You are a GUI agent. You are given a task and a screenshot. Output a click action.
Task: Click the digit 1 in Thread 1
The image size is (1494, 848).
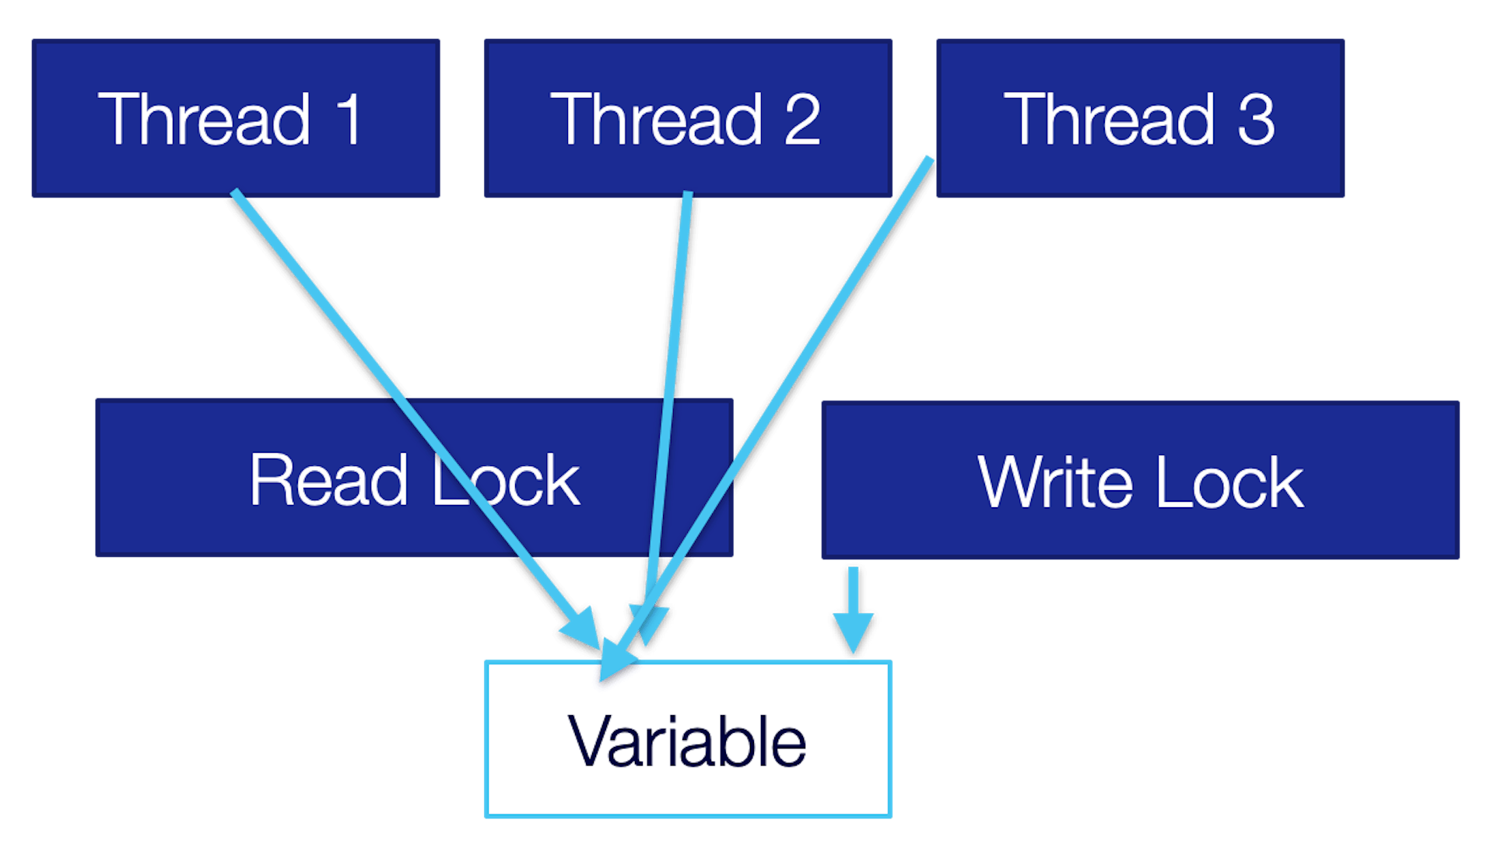tap(349, 119)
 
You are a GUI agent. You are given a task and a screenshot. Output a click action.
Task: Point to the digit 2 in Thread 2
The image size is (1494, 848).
tap(802, 119)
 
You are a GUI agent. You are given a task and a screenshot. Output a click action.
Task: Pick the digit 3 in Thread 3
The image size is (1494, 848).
tap(1255, 119)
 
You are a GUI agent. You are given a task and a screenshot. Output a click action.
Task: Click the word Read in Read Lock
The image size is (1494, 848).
tap(328, 480)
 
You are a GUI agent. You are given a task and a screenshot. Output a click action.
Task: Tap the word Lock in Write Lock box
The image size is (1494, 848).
tap(1229, 482)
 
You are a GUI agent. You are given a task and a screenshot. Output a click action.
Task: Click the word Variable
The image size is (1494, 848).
tap(687, 741)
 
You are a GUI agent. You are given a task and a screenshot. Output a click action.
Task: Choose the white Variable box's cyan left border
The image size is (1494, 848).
tap(486, 739)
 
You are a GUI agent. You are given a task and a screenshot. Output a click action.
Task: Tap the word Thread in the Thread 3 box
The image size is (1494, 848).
tap(1110, 119)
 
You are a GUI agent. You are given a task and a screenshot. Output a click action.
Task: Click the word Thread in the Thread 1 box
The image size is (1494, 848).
tap(204, 119)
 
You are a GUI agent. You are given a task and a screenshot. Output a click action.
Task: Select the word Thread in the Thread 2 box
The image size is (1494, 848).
tap(657, 119)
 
